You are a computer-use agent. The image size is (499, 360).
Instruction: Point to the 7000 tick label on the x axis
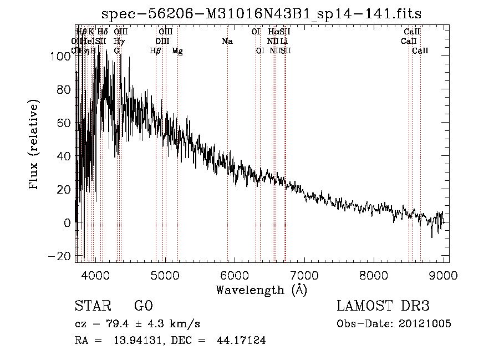304,276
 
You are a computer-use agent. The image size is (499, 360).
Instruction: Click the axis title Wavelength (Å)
261,290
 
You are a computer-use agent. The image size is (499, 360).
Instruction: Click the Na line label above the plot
227,42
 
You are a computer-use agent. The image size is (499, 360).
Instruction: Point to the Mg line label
177,51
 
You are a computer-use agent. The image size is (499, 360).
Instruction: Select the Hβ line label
155,51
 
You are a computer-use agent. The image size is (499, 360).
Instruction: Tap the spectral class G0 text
144,307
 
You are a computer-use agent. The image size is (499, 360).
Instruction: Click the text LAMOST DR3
383,307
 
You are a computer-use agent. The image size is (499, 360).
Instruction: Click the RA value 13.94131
133,341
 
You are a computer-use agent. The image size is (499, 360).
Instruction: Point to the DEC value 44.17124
241,341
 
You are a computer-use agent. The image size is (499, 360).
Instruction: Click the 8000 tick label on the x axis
374,276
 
